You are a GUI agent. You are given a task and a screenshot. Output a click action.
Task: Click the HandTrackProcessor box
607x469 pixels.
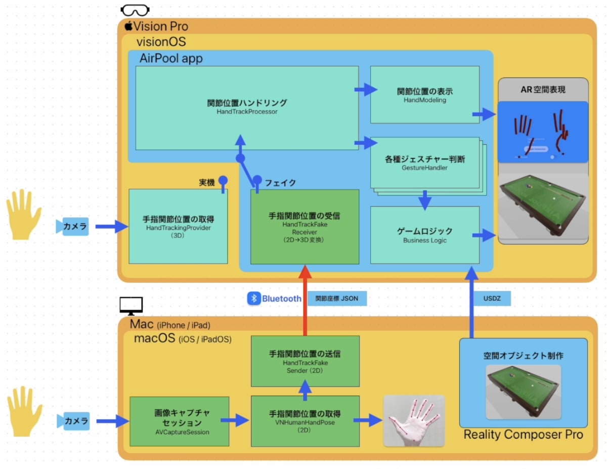tap(247, 107)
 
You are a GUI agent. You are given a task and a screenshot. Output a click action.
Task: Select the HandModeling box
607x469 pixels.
tap(424, 95)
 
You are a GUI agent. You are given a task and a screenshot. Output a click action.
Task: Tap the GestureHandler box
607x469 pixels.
tap(424, 163)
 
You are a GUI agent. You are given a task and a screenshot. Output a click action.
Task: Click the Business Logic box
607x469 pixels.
tap(424, 235)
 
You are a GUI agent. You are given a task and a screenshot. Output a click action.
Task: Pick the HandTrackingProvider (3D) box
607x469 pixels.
tap(178, 226)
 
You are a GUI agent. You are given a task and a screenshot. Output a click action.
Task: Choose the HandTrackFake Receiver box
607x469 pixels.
tap(305, 227)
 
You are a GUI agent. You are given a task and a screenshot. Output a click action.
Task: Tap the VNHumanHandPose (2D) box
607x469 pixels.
tap(305, 421)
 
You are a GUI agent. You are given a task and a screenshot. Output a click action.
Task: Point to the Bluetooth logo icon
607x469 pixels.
tap(253, 299)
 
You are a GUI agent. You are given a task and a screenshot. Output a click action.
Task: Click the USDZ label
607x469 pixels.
tap(492, 299)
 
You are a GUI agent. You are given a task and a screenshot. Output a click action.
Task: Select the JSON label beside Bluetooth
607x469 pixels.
tap(336, 299)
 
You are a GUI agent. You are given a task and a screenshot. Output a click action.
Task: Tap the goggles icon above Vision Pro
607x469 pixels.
tap(135, 10)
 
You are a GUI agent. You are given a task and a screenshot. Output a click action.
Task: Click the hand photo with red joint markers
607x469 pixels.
tap(414, 420)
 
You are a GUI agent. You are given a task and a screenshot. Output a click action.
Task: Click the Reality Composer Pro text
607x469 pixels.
tap(523, 434)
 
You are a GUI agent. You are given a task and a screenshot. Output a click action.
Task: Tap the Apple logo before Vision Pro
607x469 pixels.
tap(128, 26)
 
